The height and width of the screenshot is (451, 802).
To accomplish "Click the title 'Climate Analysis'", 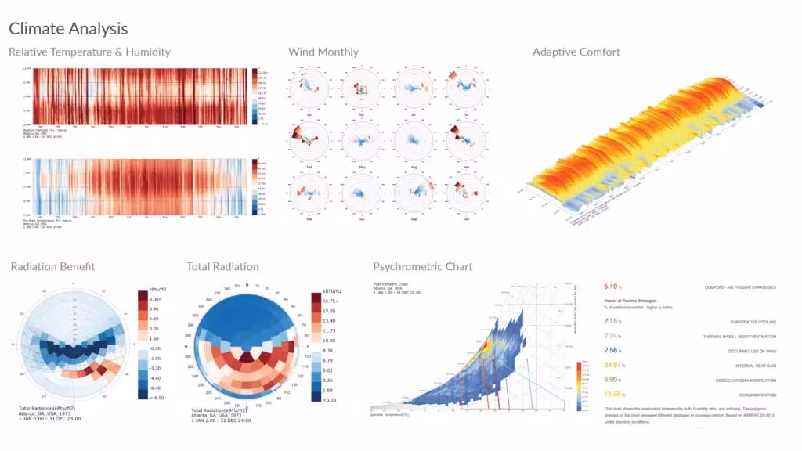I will (68, 29).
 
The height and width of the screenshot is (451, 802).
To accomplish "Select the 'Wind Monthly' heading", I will (323, 52).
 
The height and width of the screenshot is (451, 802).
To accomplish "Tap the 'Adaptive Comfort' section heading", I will (576, 52).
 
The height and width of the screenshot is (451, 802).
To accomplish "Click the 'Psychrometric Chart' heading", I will (422, 267).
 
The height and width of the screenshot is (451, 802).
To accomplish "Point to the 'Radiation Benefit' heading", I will (52, 267).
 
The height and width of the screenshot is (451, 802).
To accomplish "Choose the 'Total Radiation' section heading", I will (222, 267).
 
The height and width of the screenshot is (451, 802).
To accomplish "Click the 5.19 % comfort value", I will (614, 287).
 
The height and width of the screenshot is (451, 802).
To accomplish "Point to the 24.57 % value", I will (615, 365).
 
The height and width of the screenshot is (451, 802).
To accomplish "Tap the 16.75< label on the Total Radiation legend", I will (327, 300).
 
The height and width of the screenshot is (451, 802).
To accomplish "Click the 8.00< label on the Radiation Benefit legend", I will (155, 300).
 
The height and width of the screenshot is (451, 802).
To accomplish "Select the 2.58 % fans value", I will (614, 350).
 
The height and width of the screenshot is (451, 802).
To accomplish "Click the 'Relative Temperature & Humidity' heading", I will (89, 52).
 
